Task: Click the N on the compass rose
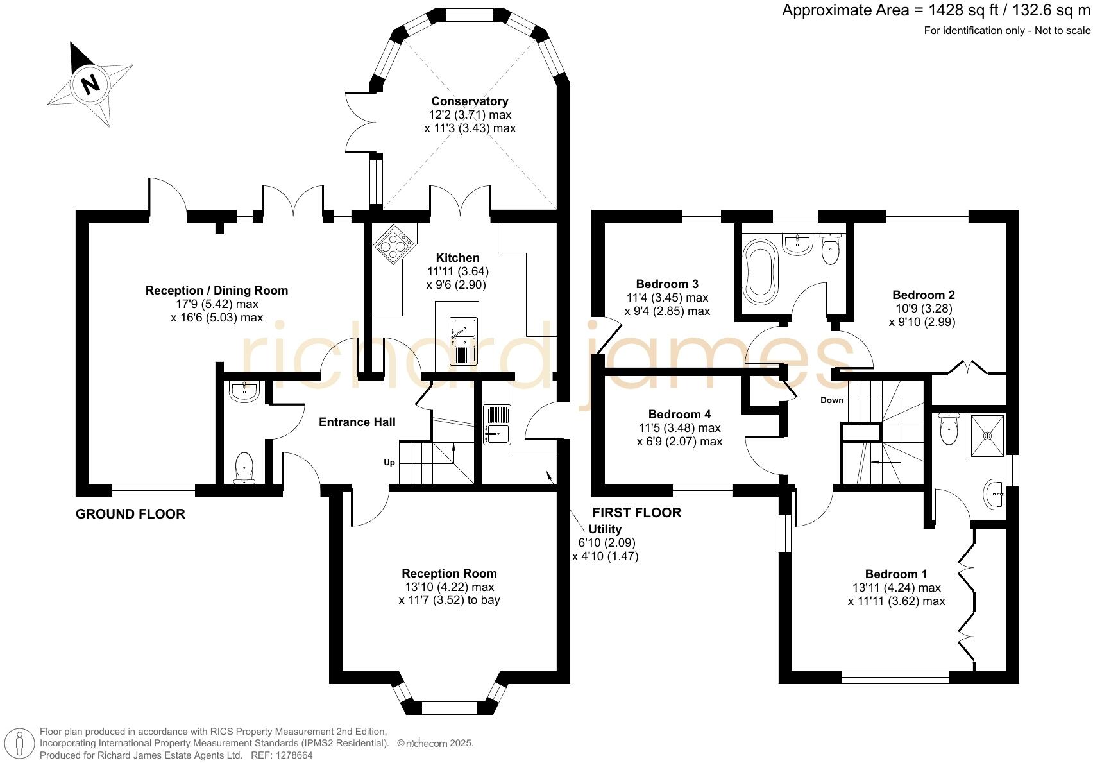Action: (90, 85)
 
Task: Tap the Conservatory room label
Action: (470, 101)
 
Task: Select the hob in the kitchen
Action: (395, 244)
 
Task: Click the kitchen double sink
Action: (464, 341)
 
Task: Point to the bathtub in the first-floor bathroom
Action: (760, 272)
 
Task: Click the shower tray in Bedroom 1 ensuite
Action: (987, 436)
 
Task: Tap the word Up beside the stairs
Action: (389, 462)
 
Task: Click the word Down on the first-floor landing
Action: (832, 400)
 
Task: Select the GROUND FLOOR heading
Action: (130, 513)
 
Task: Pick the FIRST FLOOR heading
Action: (637, 512)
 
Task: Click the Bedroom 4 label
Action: (680, 414)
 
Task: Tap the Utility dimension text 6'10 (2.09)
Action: (607, 542)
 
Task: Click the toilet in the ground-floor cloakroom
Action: (244, 467)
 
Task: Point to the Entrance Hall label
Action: (357, 422)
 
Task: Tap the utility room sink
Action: (497, 425)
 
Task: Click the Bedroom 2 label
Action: (924, 295)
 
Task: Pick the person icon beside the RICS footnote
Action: (19, 744)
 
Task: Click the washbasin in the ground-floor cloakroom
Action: (244, 391)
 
